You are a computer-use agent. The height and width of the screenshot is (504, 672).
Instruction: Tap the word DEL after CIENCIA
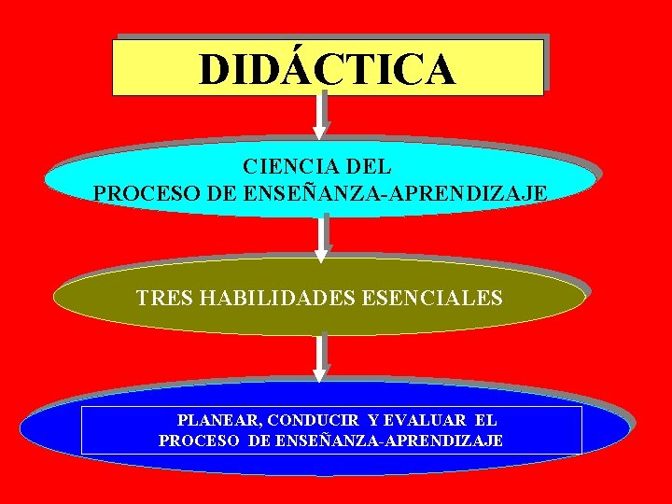coord(369,168)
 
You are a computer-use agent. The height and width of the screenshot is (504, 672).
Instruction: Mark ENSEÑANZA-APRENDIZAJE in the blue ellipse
coord(389,440)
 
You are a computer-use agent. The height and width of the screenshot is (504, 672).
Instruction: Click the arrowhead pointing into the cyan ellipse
coord(321,132)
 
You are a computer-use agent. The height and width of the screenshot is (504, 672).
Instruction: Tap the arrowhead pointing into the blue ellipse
coord(320,374)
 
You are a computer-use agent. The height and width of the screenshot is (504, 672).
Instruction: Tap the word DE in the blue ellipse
coord(260,440)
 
